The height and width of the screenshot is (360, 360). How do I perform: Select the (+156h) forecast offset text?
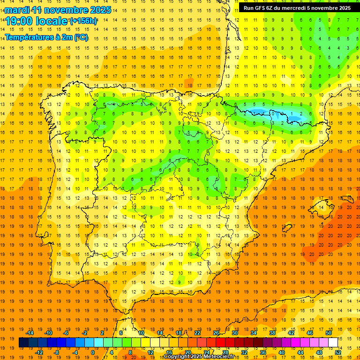click(x=83, y=21)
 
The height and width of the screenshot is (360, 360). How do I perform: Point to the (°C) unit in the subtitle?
click(x=81, y=37)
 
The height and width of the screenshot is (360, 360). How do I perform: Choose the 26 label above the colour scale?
click(x=216, y=333)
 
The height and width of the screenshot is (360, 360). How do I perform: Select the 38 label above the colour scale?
click(x=272, y=333)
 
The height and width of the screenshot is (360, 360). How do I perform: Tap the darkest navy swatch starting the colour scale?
click(x=24, y=343)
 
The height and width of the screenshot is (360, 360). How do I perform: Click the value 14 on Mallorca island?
click(x=321, y=207)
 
